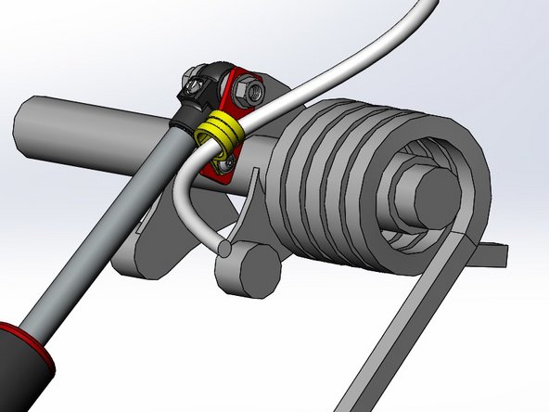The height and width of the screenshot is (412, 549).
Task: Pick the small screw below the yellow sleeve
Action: (223, 163)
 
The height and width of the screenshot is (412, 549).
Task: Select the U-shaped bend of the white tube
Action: (182, 190)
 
